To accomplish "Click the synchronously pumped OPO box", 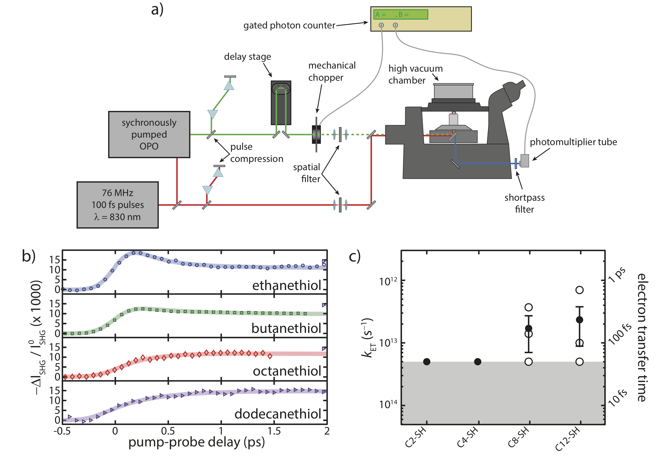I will point(149,134).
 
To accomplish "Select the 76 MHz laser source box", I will point(117,205).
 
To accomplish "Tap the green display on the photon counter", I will point(400,14).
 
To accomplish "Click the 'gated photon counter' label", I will point(289,25).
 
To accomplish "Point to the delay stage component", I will point(281,102).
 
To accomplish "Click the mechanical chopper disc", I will point(316,134).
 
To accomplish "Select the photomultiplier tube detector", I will point(524,161).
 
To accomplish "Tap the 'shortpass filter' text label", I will point(524,203).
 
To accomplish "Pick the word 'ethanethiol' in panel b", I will point(287,285).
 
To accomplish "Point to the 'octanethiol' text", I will point(287,371).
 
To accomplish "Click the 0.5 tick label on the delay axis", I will point(168,431).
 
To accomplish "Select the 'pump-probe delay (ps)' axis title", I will point(196,442).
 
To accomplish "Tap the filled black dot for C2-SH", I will point(426,361).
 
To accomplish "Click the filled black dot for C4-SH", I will point(477,361).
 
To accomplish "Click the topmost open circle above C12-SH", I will point(579,290).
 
